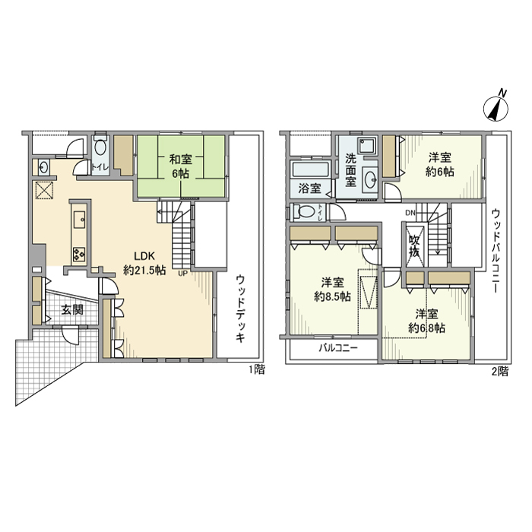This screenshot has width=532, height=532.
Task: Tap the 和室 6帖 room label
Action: pyautogui.click(x=181, y=166)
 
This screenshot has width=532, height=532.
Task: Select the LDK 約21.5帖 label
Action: pyautogui.click(x=145, y=263)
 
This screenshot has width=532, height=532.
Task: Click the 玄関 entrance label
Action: pyautogui.click(x=72, y=309)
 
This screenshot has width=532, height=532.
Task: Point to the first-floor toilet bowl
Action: pyautogui.click(x=100, y=148)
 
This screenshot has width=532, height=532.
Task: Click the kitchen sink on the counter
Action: pyautogui.click(x=79, y=219)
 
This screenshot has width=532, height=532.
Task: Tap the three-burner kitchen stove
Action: pyautogui.click(x=79, y=254)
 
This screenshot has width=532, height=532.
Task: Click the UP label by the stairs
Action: pyautogui.click(x=182, y=274)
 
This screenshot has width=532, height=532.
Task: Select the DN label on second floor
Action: pyautogui.click(x=410, y=213)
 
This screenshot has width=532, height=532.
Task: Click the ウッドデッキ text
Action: pyautogui.click(x=240, y=309)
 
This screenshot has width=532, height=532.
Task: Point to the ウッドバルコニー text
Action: pyautogui.click(x=496, y=251)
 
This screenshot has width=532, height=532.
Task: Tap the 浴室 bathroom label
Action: pyautogui.click(x=309, y=188)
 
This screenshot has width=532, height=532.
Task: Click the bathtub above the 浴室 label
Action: pyautogui.click(x=310, y=169)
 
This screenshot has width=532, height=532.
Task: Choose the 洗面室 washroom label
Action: pyautogui.click(x=351, y=169)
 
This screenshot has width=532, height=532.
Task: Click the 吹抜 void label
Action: pyautogui.click(x=415, y=245)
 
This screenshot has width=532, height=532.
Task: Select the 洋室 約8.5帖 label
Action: pyautogui.click(x=333, y=289)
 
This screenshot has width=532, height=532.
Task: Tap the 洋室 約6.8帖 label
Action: pyautogui.click(x=427, y=321)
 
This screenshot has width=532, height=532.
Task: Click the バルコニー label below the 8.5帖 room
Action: pyautogui.click(x=338, y=348)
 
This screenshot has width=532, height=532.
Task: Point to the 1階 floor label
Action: pyautogui.click(x=257, y=369)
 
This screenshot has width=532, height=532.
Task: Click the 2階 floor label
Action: pyautogui.click(x=501, y=372)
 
